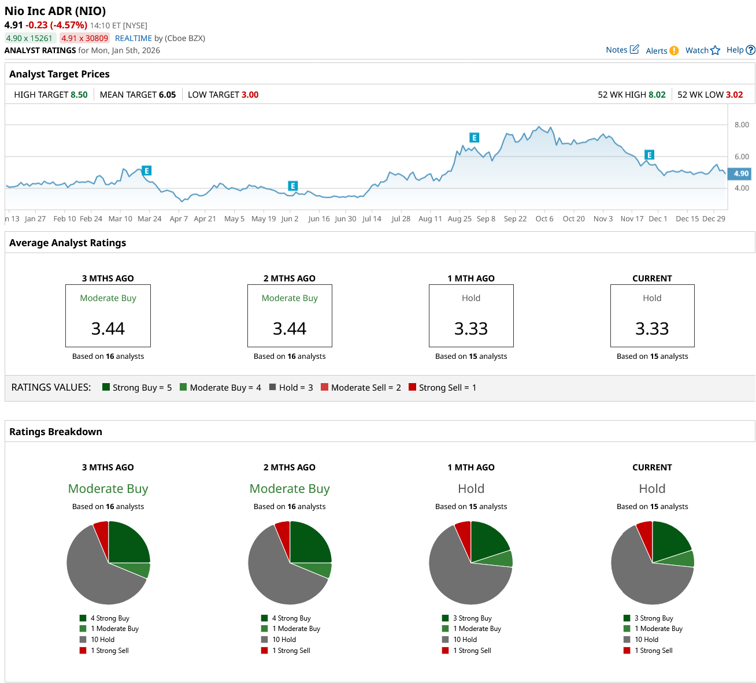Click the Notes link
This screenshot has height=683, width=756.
point(622,50)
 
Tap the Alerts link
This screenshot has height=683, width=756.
point(662,51)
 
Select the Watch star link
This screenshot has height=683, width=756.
point(702,50)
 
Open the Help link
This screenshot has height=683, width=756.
point(740,50)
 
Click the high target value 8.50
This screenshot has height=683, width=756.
point(79,95)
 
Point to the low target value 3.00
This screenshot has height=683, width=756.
point(250,95)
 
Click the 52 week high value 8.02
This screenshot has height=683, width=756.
point(657,95)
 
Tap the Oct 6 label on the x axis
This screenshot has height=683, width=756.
point(544,219)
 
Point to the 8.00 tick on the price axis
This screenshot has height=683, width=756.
point(742,125)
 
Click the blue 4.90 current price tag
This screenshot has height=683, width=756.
point(740,173)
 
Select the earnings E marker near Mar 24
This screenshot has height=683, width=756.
point(147,170)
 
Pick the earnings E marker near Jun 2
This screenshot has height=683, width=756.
point(293,186)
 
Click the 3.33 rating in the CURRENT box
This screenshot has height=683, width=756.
point(652,329)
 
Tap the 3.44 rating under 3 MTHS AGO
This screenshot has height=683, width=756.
point(108,329)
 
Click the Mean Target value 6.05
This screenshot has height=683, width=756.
point(167,95)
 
